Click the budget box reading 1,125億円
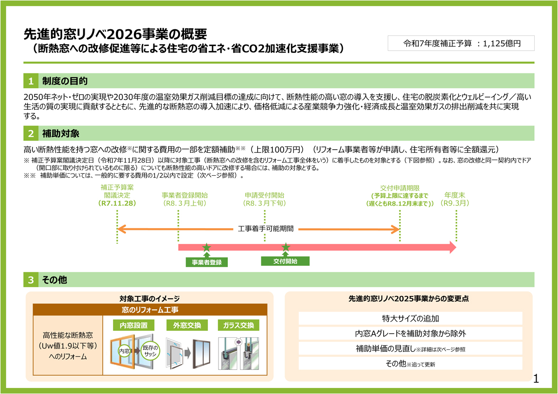point(461,43)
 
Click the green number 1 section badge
point(30,81)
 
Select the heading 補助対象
point(60,133)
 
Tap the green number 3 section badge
point(30,280)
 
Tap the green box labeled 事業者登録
point(206,262)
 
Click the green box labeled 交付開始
point(285,261)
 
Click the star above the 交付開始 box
point(286,248)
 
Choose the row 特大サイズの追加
point(410,319)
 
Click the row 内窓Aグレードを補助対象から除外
point(410,334)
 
